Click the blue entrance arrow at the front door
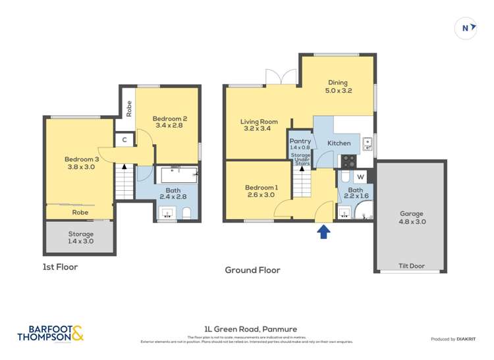323,232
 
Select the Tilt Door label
412,267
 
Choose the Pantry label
300,144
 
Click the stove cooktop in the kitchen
347,161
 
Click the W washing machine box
360,176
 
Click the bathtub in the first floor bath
178,175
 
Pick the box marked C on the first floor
124,140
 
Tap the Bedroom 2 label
171,122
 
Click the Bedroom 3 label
80,163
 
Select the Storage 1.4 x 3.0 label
80,238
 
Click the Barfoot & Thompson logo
51,334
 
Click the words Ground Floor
252,270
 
